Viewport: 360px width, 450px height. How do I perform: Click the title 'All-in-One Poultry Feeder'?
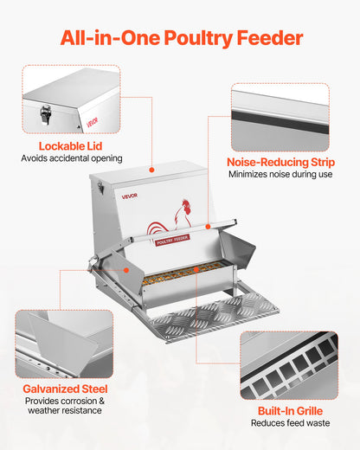180,37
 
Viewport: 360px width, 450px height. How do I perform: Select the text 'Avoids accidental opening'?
71,158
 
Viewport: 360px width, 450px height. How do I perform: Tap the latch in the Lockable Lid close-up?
43,112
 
